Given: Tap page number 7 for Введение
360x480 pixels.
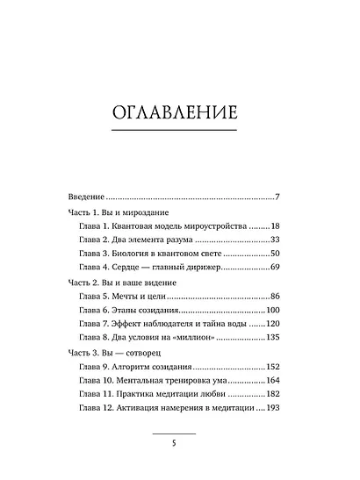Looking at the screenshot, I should pos(276,196).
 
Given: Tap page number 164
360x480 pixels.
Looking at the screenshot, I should pos(271,382).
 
